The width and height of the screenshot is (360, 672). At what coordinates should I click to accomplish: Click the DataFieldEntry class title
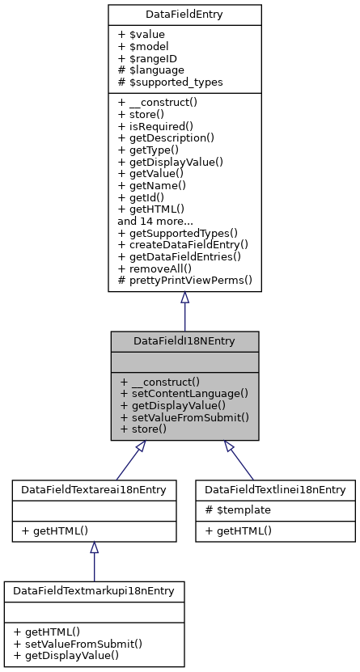pos(184,15)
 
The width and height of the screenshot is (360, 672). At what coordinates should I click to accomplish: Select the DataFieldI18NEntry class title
pos(184,341)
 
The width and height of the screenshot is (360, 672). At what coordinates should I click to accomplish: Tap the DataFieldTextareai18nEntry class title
pos(94,490)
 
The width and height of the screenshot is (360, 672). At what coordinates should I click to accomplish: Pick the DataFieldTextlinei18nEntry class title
pos(275,490)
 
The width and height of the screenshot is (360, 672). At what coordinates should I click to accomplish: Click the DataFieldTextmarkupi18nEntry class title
pos(94,591)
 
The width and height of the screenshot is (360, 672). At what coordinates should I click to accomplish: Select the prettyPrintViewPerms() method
pos(185,281)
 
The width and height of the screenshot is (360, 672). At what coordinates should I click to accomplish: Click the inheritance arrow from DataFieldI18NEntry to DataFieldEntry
pos(184,311)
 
